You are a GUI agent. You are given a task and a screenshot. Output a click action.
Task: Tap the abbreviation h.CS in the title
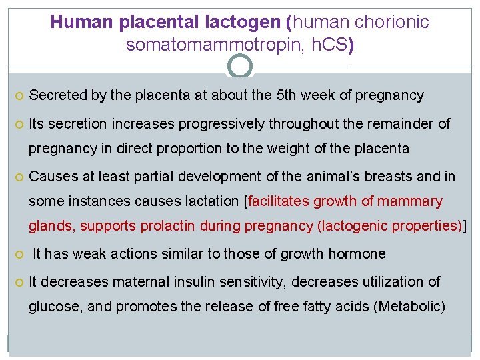click(327, 45)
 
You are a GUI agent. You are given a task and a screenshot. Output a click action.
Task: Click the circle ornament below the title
click(240, 67)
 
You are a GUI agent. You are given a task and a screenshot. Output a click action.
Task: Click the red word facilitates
click(280, 201)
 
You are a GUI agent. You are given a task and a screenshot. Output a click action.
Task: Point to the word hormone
click(360, 254)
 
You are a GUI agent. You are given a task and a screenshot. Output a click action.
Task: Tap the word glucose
click(53, 307)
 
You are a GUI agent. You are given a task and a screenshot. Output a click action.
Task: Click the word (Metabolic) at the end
click(409, 307)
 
